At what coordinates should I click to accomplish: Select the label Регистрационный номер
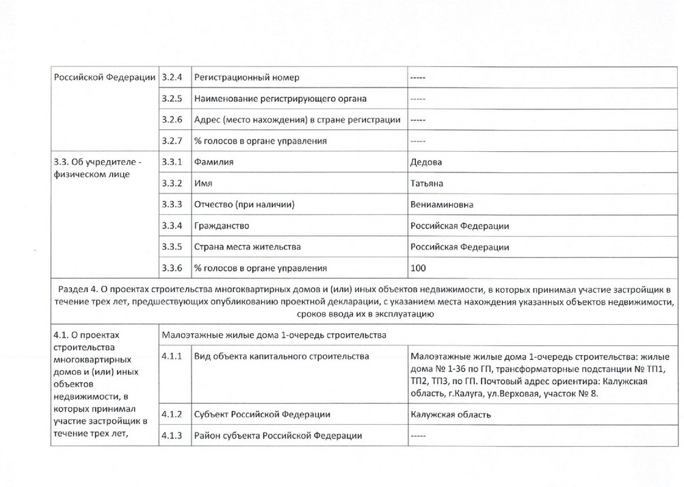click(x=247, y=77)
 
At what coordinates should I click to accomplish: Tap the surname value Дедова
click(x=425, y=162)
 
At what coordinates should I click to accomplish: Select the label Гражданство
click(x=221, y=226)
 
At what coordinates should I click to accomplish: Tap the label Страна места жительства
click(x=248, y=246)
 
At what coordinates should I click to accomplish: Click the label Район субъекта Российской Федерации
click(x=278, y=436)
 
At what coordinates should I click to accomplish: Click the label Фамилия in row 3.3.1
click(x=214, y=162)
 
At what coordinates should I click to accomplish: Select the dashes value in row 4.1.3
click(x=418, y=436)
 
